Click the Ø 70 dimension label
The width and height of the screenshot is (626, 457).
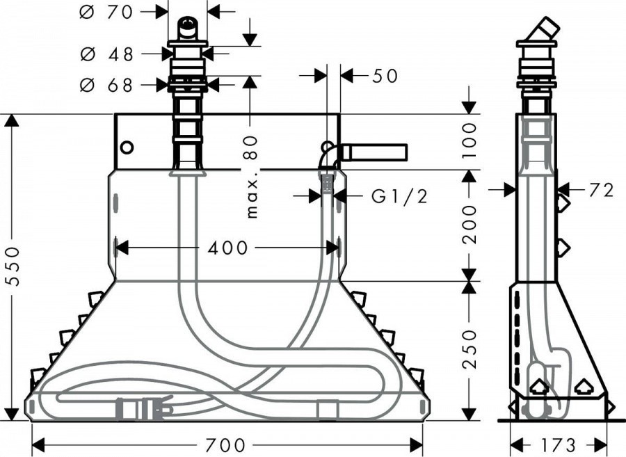click(x=106, y=12)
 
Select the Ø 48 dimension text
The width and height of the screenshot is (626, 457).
click(x=106, y=54)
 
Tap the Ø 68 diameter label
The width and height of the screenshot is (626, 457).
click(x=106, y=85)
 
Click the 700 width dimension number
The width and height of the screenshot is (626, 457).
click(x=226, y=444)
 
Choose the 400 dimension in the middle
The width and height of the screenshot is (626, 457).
click(x=228, y=248)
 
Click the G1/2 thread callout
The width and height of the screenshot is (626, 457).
click(x=399, y=196)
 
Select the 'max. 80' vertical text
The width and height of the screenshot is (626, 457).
click(x=251, y=177)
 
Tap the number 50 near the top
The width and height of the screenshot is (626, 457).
click(x=385, y=76)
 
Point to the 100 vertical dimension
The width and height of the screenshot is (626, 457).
click(x=470, y=141)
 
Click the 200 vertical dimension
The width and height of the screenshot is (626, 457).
click(x=470, y=224)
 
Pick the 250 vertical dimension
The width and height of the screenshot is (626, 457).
click(x=470, y=348)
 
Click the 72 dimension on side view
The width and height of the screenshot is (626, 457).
click(x=601, y=191)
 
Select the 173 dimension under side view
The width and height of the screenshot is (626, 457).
click(x=559, y=444)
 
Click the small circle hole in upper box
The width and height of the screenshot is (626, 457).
click(x=127, y=147)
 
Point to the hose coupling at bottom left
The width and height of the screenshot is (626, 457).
click(x=144, y=408)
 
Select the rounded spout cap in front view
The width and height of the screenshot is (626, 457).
click(x=187, y=28)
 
